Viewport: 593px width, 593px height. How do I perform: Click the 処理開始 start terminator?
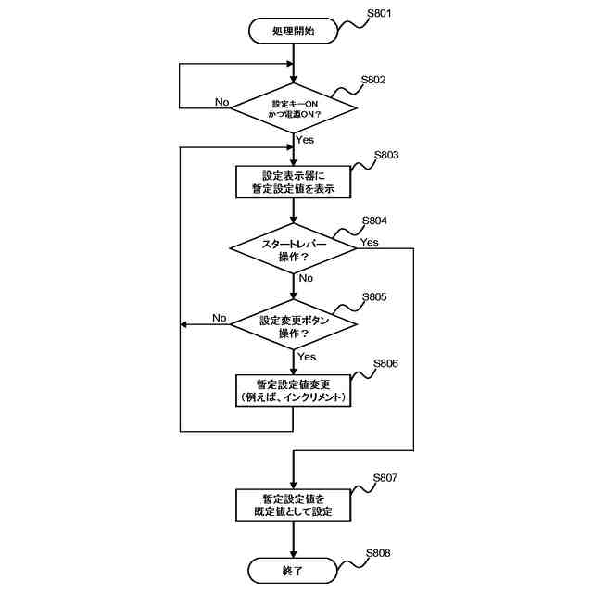coord(293,32)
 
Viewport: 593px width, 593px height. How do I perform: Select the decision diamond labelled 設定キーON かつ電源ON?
coord(293,107)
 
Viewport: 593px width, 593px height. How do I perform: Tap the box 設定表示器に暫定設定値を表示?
coord(293,181)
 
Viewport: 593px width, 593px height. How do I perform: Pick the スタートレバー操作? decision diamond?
coord(293,249)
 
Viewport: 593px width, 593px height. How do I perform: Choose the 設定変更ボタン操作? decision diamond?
coord(293,324)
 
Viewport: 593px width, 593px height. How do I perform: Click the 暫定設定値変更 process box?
coord(293,390)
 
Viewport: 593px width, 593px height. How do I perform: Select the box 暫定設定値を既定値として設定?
coord(293,503)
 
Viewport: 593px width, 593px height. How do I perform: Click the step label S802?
coord(373,80)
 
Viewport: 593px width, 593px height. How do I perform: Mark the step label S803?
coord(386,155)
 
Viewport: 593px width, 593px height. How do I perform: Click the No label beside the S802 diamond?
coord(222,101)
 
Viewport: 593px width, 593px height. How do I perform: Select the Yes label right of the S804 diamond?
coord(369,242)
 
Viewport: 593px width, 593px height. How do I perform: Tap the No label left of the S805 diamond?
coord(220,318)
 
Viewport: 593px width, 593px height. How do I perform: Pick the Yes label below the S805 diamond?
coord(306,356)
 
